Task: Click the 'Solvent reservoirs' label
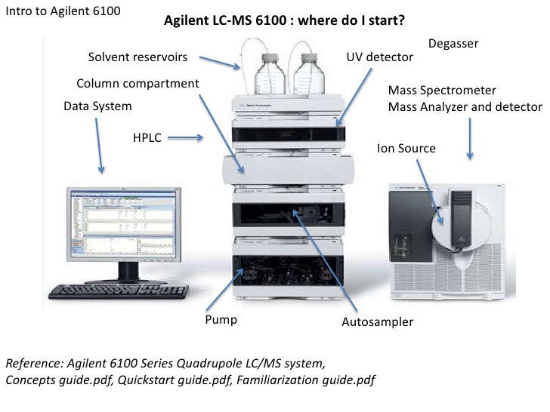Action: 137,57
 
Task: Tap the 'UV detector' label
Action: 379,57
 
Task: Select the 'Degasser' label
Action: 453,44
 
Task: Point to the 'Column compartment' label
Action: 138,82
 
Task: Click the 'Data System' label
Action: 97,106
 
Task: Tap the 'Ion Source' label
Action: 406,149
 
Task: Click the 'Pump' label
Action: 221,320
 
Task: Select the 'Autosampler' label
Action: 378,322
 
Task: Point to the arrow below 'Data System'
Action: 100,146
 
